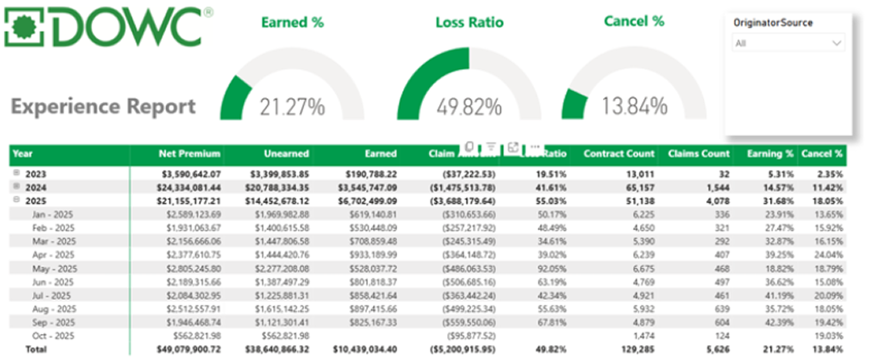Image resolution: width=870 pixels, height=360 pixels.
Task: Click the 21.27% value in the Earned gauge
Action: click(x=292, y=107)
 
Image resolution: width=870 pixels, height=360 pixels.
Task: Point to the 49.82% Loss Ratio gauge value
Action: click(x=469, y=107)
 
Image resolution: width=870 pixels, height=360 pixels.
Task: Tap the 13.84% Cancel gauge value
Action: click(x=634, y=106)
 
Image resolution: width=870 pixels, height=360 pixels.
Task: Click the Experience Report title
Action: click(x=103, y=107)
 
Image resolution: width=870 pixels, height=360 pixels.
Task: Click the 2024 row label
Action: click(x=36, y=186)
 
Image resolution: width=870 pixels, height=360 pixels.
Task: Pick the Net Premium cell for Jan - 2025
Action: click(x=191, y=213)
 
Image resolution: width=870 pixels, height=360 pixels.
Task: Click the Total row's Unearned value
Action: click(x=275, y=351)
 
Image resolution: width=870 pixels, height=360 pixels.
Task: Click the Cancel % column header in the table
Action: click(x=822, y=153)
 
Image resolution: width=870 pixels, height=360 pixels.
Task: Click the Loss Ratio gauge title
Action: click(x=469, y=22)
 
